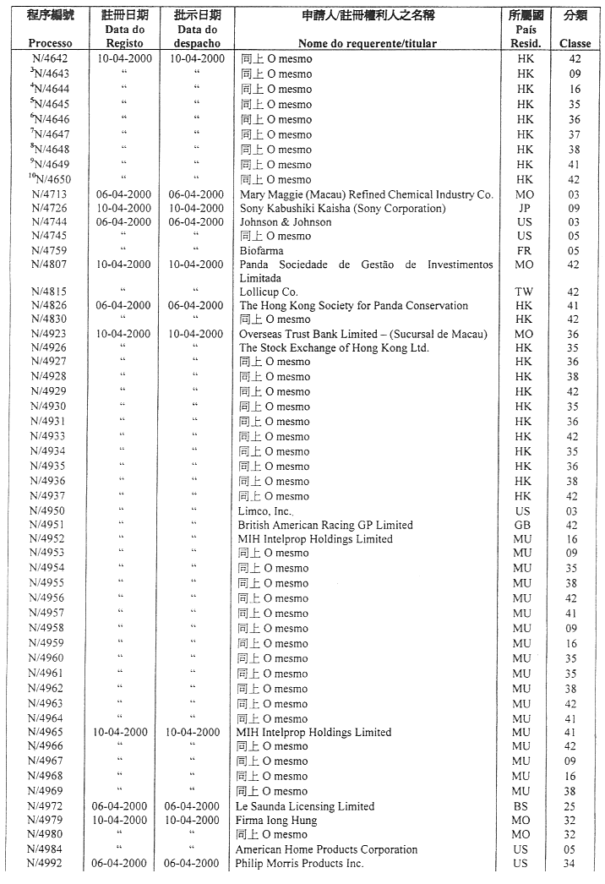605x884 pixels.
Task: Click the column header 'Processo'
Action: coord(50,43)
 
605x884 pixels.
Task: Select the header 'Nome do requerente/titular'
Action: coord(368,43)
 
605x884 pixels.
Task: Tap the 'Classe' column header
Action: coord(575,43)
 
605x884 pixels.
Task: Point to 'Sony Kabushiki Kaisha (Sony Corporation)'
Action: coord(342,208)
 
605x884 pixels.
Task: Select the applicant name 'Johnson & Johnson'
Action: coord(286,222)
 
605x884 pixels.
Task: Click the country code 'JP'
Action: coord(525,208)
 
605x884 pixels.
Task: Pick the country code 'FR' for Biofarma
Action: coord(525,251)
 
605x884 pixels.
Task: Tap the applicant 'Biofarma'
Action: coord(261,251)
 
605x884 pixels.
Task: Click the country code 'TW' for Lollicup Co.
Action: coord(525,292)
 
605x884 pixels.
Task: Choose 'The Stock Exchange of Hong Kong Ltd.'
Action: coord(334,347)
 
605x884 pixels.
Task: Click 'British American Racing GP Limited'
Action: coord(325,525)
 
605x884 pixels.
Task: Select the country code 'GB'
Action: coord(523,525)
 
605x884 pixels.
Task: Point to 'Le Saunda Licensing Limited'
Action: coord(305,806)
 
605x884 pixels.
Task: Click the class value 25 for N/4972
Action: coord(575,806)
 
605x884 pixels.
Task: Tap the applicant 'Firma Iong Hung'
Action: coord(276,821)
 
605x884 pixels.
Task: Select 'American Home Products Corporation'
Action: coord(326,849)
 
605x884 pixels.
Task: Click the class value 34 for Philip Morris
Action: coord(575,864)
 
